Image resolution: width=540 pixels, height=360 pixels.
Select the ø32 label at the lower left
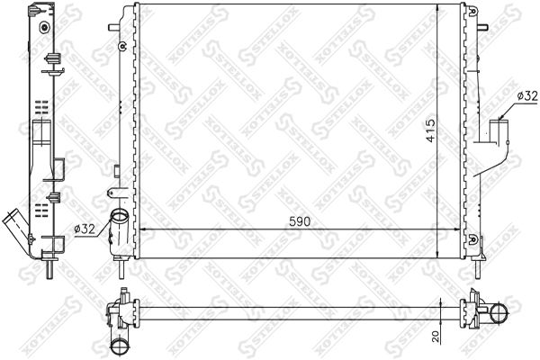(x=84, y=230)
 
